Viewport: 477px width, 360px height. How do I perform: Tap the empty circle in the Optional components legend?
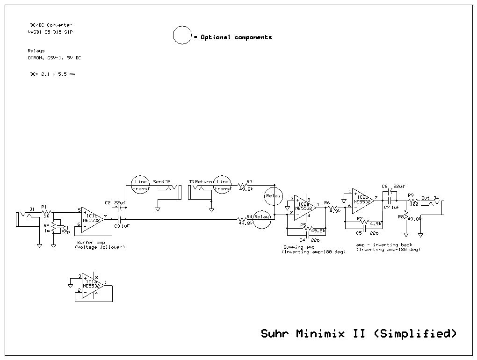click(x=182, y=36)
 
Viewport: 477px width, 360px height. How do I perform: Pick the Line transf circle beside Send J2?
click(x=140, y=185)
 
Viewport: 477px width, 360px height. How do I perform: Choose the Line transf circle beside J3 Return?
click(x=223, y=185)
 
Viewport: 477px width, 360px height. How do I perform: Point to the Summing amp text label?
click(x=299, y=247)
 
